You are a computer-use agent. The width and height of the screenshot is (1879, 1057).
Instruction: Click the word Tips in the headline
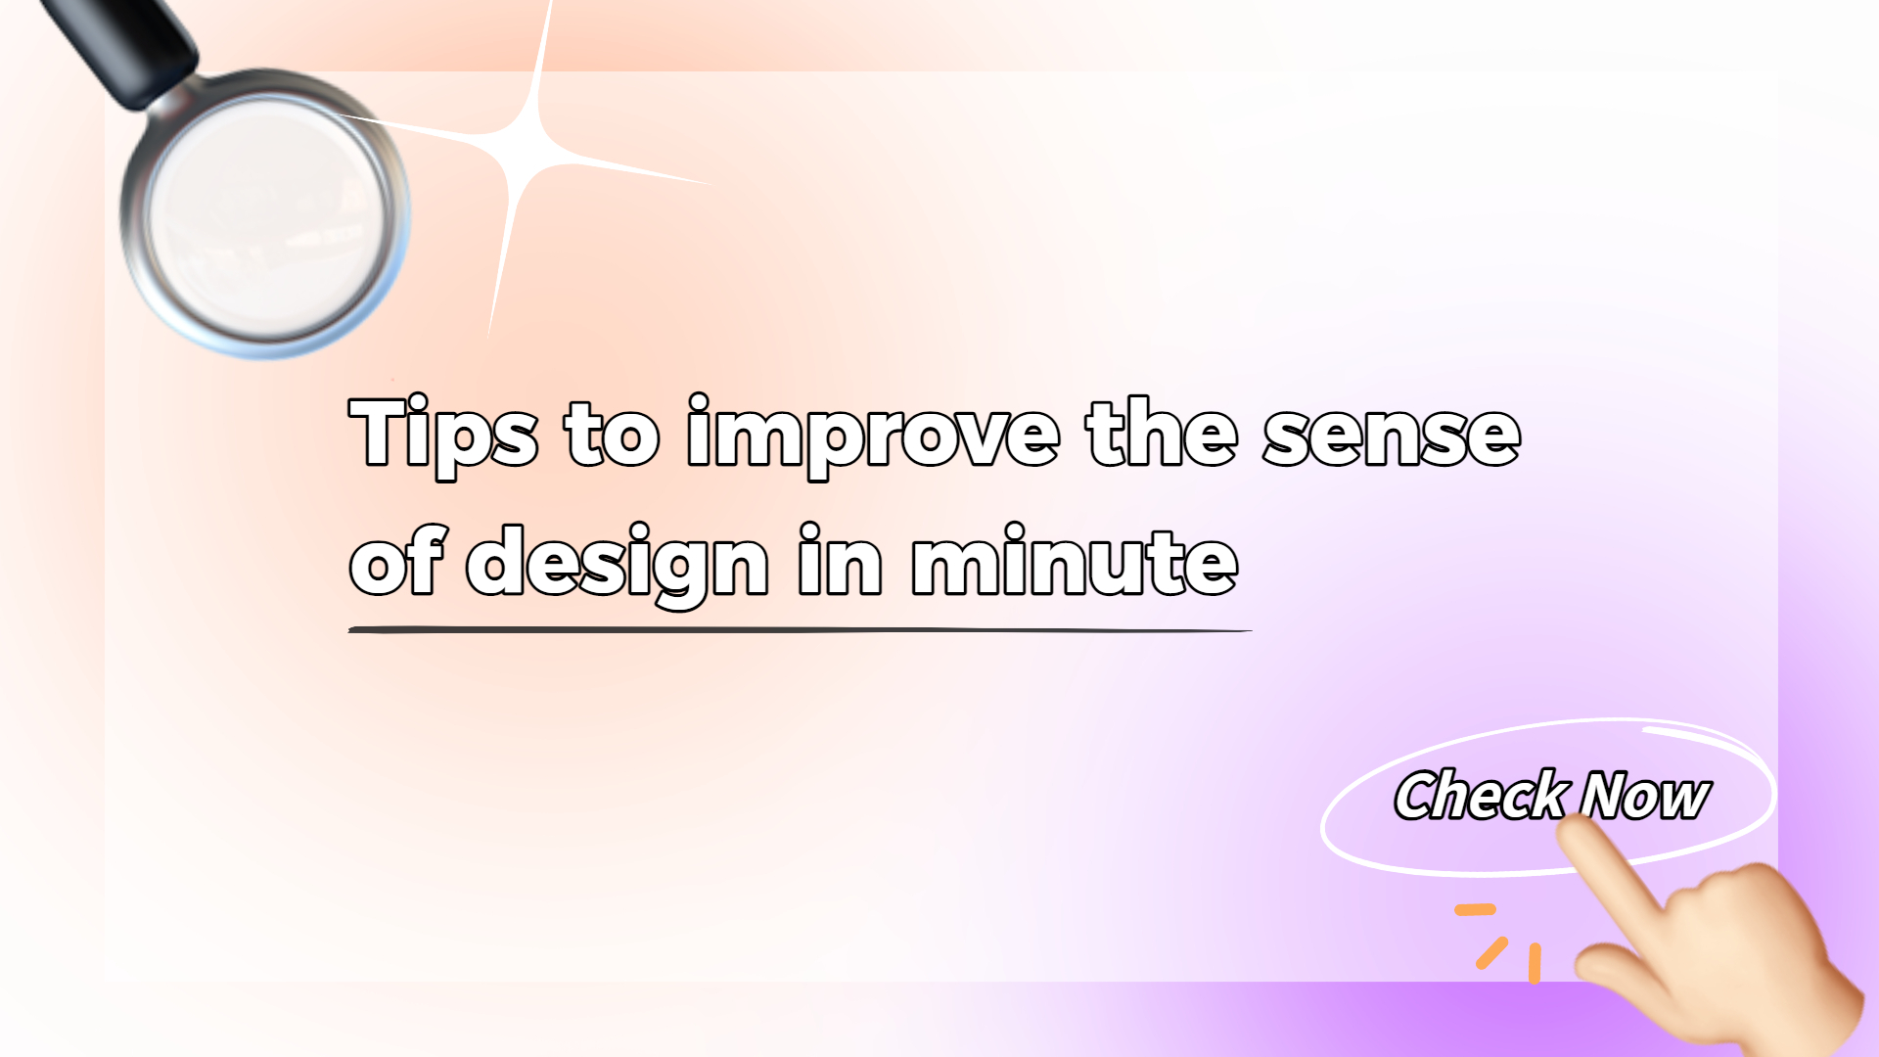click(442, 433)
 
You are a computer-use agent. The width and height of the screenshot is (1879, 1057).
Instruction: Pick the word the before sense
click(1162, 433)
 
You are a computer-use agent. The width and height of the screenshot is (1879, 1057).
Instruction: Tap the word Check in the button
click(1480, 795)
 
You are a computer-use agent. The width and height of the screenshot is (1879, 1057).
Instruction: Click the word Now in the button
click(1646, 795)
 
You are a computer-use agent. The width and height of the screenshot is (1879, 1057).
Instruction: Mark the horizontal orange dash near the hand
click(1475, 910)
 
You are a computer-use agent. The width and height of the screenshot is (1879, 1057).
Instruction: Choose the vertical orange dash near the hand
click(1535, 963)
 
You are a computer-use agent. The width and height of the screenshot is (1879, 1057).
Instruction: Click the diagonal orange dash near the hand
click(1491, 953)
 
